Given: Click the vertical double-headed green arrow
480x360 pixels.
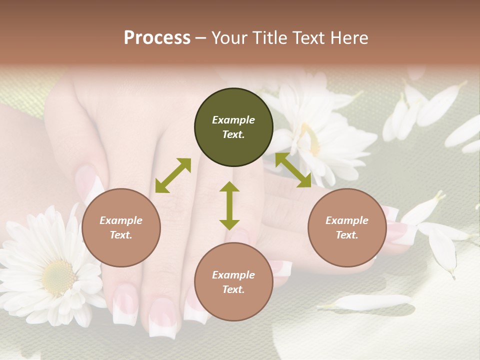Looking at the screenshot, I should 229,205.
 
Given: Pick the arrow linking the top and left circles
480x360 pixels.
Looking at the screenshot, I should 173,175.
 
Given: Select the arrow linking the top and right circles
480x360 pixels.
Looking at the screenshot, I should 293,170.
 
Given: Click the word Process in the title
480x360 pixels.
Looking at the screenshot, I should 157,37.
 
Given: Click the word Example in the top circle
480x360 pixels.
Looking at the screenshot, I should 233,120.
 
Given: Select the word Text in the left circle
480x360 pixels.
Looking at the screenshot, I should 120,235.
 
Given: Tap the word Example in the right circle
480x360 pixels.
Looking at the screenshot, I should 347,220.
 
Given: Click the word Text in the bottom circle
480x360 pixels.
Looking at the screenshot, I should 233,289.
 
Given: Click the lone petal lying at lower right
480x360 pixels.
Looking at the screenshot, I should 372,301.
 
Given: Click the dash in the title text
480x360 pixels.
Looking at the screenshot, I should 200,38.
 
